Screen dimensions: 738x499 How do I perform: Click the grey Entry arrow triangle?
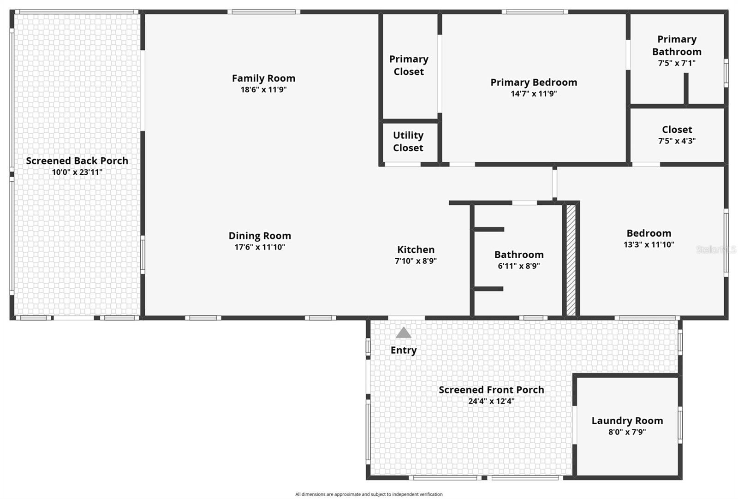(404, 333)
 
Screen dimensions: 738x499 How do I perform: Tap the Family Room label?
(263, 78)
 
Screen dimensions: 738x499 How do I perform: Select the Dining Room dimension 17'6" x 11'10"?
(260, 247)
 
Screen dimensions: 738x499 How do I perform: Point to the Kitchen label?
(416, 249)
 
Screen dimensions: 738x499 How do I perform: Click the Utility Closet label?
(408, 142)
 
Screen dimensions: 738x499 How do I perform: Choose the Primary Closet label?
(409, 65)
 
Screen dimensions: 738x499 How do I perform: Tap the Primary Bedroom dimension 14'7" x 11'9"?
(534, 94)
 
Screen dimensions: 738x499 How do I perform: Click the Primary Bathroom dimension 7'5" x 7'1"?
(677, 63)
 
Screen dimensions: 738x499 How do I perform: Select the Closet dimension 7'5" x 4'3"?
(677, 141)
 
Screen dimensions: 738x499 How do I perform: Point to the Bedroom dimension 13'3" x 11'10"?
(649, 244)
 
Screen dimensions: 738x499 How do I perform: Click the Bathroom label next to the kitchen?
(519, 255)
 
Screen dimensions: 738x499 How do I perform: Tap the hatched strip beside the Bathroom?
(571, 260)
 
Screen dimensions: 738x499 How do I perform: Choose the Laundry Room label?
(627, 421)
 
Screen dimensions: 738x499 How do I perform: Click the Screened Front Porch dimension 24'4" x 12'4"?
(491, 401)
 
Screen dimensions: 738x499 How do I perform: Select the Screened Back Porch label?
(77, 161)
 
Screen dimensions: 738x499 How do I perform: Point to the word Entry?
(404, 350)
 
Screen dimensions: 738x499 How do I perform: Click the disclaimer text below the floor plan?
(369, 494)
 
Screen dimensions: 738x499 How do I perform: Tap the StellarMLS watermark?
(716, 249)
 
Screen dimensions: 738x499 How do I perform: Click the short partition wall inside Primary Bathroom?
(686, 89)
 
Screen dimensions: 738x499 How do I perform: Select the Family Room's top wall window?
(263, 12)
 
